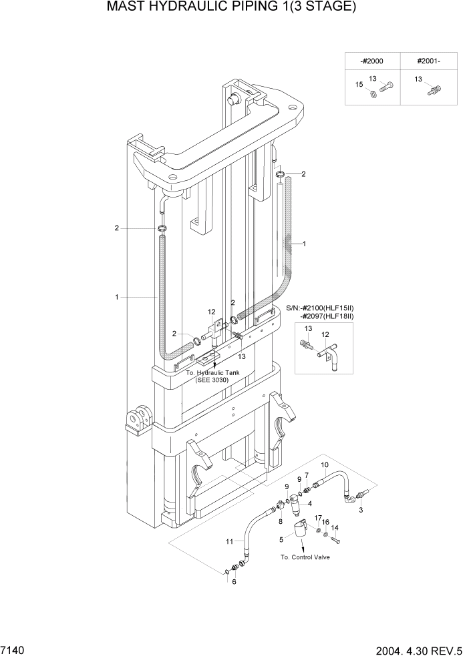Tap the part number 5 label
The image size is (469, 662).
(x=281, y=539)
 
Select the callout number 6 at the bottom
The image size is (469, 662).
(x=234, y=581)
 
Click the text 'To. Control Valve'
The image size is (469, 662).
(x=305, y=557)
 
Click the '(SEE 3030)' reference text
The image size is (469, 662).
(x=212, y=380)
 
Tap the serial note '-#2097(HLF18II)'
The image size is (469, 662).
(x=327, y=316)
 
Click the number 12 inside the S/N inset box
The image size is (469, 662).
(x=326, y=334)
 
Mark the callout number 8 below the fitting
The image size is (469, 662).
(x=281, y=523)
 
